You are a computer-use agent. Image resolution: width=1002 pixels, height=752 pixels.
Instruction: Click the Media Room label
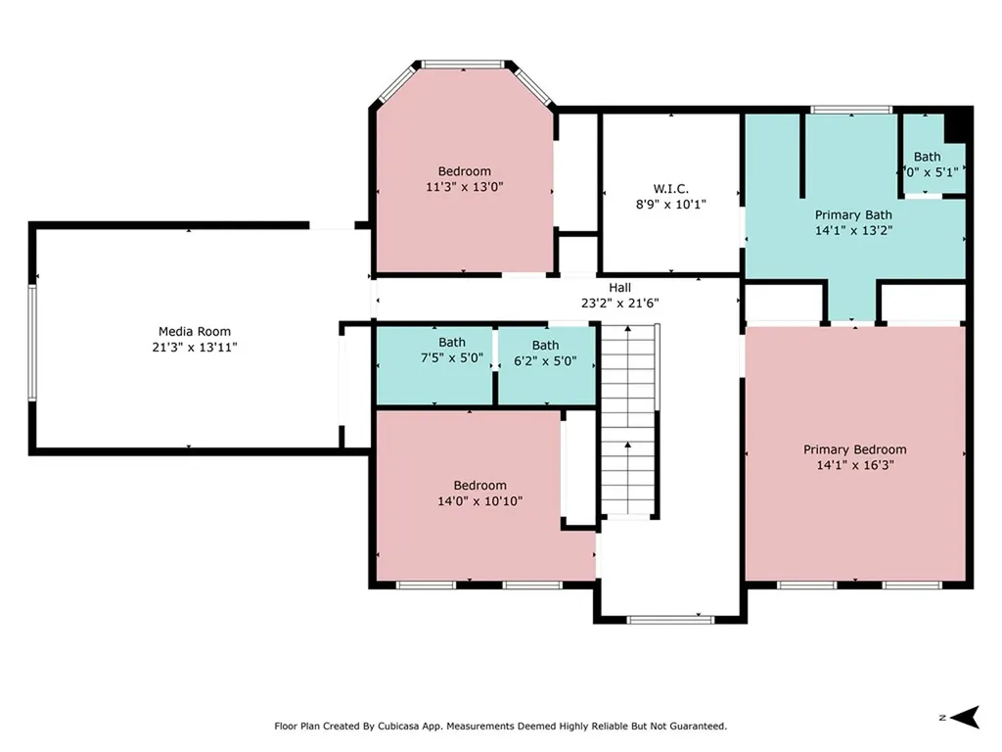[195, 331]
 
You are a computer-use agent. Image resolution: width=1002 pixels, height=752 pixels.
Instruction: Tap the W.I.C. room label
[670, 189]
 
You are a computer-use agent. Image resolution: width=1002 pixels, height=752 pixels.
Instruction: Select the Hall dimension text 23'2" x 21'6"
[619, 304]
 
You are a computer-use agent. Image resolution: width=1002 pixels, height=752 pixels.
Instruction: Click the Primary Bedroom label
[854, 449]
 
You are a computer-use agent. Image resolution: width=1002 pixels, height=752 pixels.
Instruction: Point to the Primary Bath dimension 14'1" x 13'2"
[853, 230]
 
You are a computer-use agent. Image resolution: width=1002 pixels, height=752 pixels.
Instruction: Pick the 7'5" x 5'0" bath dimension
[452, 358]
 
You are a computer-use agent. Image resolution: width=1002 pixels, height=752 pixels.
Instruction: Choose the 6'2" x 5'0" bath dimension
[545, 361]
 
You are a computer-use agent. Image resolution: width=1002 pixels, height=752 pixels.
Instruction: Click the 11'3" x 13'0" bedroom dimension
[465, 187]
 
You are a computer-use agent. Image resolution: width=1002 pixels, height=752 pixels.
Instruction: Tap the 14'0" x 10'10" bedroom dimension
[479, 501]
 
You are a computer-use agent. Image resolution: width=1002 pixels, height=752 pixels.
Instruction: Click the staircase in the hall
[629, 420]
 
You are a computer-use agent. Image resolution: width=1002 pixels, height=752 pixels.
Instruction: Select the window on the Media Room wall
[32, 343]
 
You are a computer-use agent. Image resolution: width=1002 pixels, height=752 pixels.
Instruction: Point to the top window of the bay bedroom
[463, 64]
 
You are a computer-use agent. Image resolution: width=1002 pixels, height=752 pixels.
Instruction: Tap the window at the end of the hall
[669, 619]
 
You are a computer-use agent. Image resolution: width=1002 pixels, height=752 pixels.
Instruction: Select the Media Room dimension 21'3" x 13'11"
[195, 348]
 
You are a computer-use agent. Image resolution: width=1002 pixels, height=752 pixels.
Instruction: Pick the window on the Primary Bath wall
[851, 110]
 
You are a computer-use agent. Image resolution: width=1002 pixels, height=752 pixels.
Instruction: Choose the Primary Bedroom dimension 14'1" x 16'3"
[855, 465]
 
